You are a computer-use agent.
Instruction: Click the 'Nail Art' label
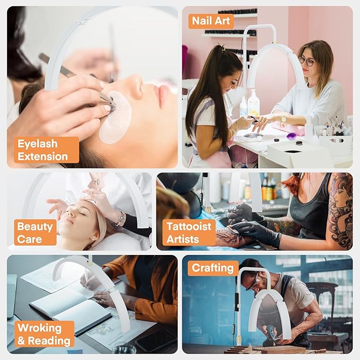pyautogui.click(x=211, y=21)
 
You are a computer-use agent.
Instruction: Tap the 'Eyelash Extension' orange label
pyautogui.click(x=47, y=150)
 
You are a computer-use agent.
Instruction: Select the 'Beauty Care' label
pyautogui.click(x=35, y=232)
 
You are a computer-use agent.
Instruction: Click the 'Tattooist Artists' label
pyautogui.click(x=189, y=232)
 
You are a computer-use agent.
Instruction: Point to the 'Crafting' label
pyautogui.click(x=213, y=268)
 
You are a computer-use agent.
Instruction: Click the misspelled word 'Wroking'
pyautogui.click(x=39, y=328)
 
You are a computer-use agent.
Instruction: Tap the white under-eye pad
pyautogui.click(x=115, y=117)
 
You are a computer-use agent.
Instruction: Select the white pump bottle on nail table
pyautogui.click(x=253, y=103)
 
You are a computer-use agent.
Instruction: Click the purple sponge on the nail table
pyautogui.click(x=291, y=136)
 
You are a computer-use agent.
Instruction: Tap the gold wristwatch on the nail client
pyautogui.click(x=284, y=119)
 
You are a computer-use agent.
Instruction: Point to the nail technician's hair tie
pyautogui.click(x=222, y=49)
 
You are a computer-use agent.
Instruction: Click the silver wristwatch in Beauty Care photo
pyautogui.click(x=120, y=218)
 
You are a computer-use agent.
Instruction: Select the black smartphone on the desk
pyautogui.click(x=156, y=341)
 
